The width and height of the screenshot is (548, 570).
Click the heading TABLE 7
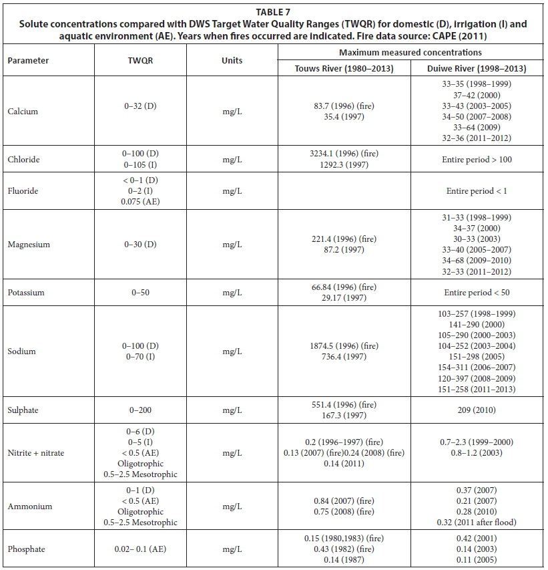pos(273,11)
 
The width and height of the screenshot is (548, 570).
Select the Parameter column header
pos(28,60)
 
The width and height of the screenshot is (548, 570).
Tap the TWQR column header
pos(138,60)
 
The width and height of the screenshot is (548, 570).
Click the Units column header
pos(232,60)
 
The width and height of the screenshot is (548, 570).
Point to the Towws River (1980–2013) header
pos(344,68)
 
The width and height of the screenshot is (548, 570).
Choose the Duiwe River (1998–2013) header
pos(477,68)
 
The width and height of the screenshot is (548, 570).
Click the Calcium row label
pos(23,112)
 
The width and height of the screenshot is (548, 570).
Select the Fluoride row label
pos(23,191)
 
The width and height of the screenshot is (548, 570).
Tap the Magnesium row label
pos(27,245)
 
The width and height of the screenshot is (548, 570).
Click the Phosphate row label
pos(26,549)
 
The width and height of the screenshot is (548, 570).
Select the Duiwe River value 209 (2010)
pos(477,406)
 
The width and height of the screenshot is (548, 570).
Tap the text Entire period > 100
pos(477,160)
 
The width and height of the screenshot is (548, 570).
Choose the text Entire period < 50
pos(477,293)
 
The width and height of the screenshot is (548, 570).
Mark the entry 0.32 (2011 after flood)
pos(477,523)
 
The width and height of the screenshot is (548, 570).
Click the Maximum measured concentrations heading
pos(410,52)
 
